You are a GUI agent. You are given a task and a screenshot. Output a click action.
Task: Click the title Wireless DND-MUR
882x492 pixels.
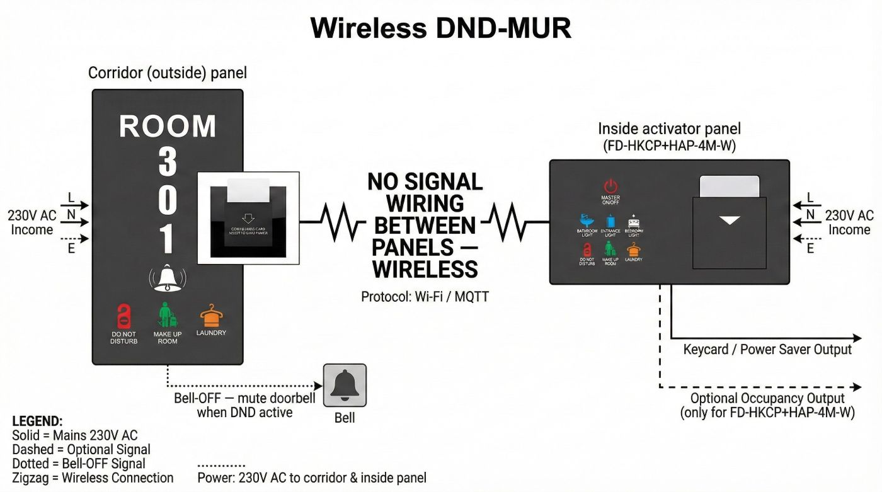[x=441, y=28]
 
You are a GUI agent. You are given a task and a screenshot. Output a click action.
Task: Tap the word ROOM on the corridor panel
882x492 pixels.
[x=168, y=127]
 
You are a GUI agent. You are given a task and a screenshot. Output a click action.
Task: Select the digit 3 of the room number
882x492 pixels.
[x=167, y=162]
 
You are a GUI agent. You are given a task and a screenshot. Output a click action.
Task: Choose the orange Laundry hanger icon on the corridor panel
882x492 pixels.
[x=211, y=315]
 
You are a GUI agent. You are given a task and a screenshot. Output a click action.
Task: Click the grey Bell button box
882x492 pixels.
[x=345, y=385]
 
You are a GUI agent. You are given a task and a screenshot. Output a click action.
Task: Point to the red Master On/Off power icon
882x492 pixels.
[x=610, y=186]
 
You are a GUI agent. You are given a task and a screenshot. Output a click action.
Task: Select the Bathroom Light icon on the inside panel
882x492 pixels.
[x=587, y=222]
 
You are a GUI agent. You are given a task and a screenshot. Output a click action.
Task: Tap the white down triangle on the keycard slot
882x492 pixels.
[x=730, y=220]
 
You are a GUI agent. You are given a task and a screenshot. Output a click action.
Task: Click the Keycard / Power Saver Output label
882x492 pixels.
[x=767, y=350]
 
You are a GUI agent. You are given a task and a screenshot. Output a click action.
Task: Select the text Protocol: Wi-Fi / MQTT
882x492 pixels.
[x=425, y=296]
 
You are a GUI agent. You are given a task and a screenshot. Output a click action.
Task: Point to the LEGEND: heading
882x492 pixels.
[x=37, y=421]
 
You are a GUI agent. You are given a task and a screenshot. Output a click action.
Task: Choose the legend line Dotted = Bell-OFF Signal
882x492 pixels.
[x=79, y=464]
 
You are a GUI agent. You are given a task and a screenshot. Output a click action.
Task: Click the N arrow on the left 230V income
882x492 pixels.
[x=76, y=221]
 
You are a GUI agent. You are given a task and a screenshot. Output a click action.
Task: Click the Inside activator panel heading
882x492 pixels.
[x=669, y=129]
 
